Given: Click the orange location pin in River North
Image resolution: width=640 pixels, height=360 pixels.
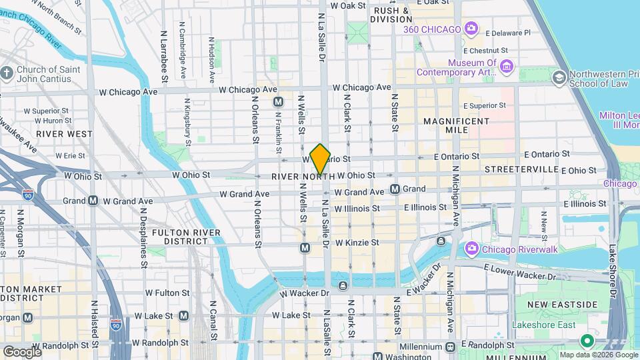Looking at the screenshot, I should click(320, 159).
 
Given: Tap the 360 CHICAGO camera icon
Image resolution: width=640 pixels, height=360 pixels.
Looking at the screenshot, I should click(471, 29).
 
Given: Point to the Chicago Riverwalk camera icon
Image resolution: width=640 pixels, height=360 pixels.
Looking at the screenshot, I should click(471, 249).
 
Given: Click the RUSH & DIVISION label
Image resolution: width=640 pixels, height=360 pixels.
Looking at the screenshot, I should click(391, 15).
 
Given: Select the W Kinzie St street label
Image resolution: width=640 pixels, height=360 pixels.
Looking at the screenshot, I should click(357, 243).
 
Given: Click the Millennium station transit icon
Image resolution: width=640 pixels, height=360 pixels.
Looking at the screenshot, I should click(451, 347).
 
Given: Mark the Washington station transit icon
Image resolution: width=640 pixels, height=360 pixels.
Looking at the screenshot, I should click(377, 357).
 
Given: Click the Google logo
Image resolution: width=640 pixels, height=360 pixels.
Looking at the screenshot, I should click(21, 351).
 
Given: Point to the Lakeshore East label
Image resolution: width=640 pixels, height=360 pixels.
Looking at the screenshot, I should click(543, 325).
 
